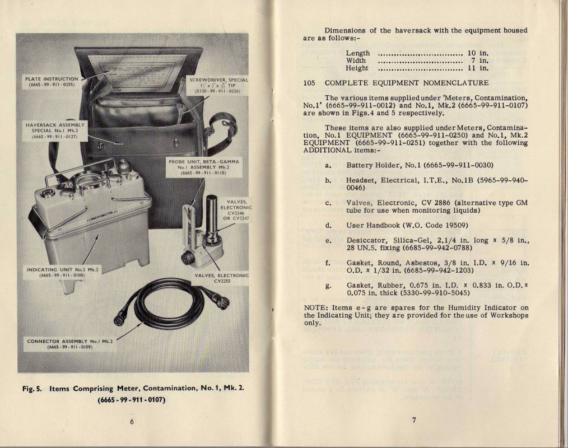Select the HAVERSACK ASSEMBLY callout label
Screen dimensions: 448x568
[x=55, y=129]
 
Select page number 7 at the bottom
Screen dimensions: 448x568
[x=415, y=422]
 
